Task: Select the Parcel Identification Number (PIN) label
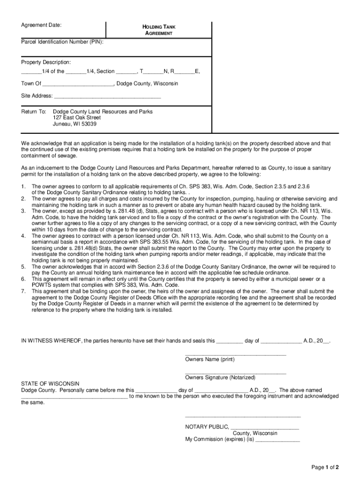(x=62, y=42)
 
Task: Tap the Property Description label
(x=46, y=62)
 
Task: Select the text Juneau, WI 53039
(x=75, y=124)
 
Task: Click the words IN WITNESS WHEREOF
(x=50, y=341)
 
